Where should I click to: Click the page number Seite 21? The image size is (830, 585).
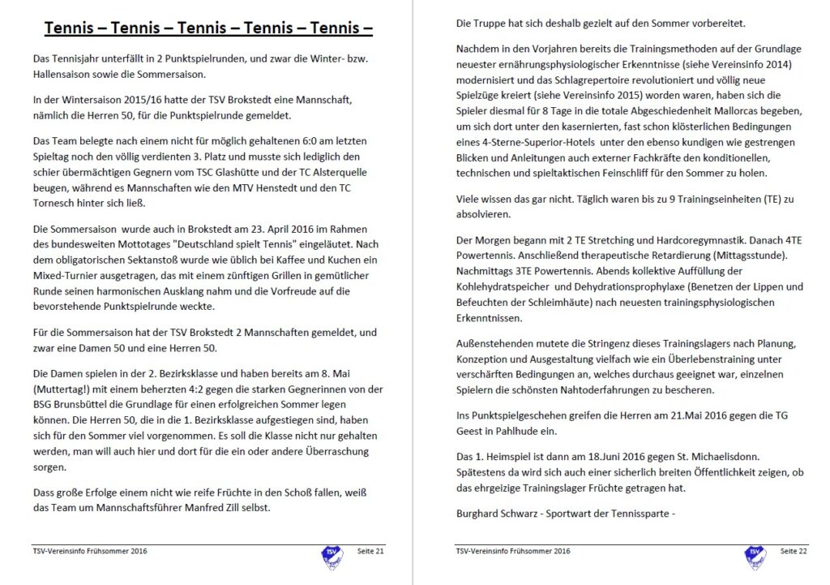pyautogui.click(x=370, y=552)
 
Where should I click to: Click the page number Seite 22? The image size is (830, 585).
pyautogui.click(x=794, y=552)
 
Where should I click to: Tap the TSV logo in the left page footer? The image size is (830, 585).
pyautogui.click(x=331, y=555)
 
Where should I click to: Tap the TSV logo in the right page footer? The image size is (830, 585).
pyautogui.click(x=754, y=555)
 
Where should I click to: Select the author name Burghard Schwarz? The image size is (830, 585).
pyautogui.click(x=494, y=513)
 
